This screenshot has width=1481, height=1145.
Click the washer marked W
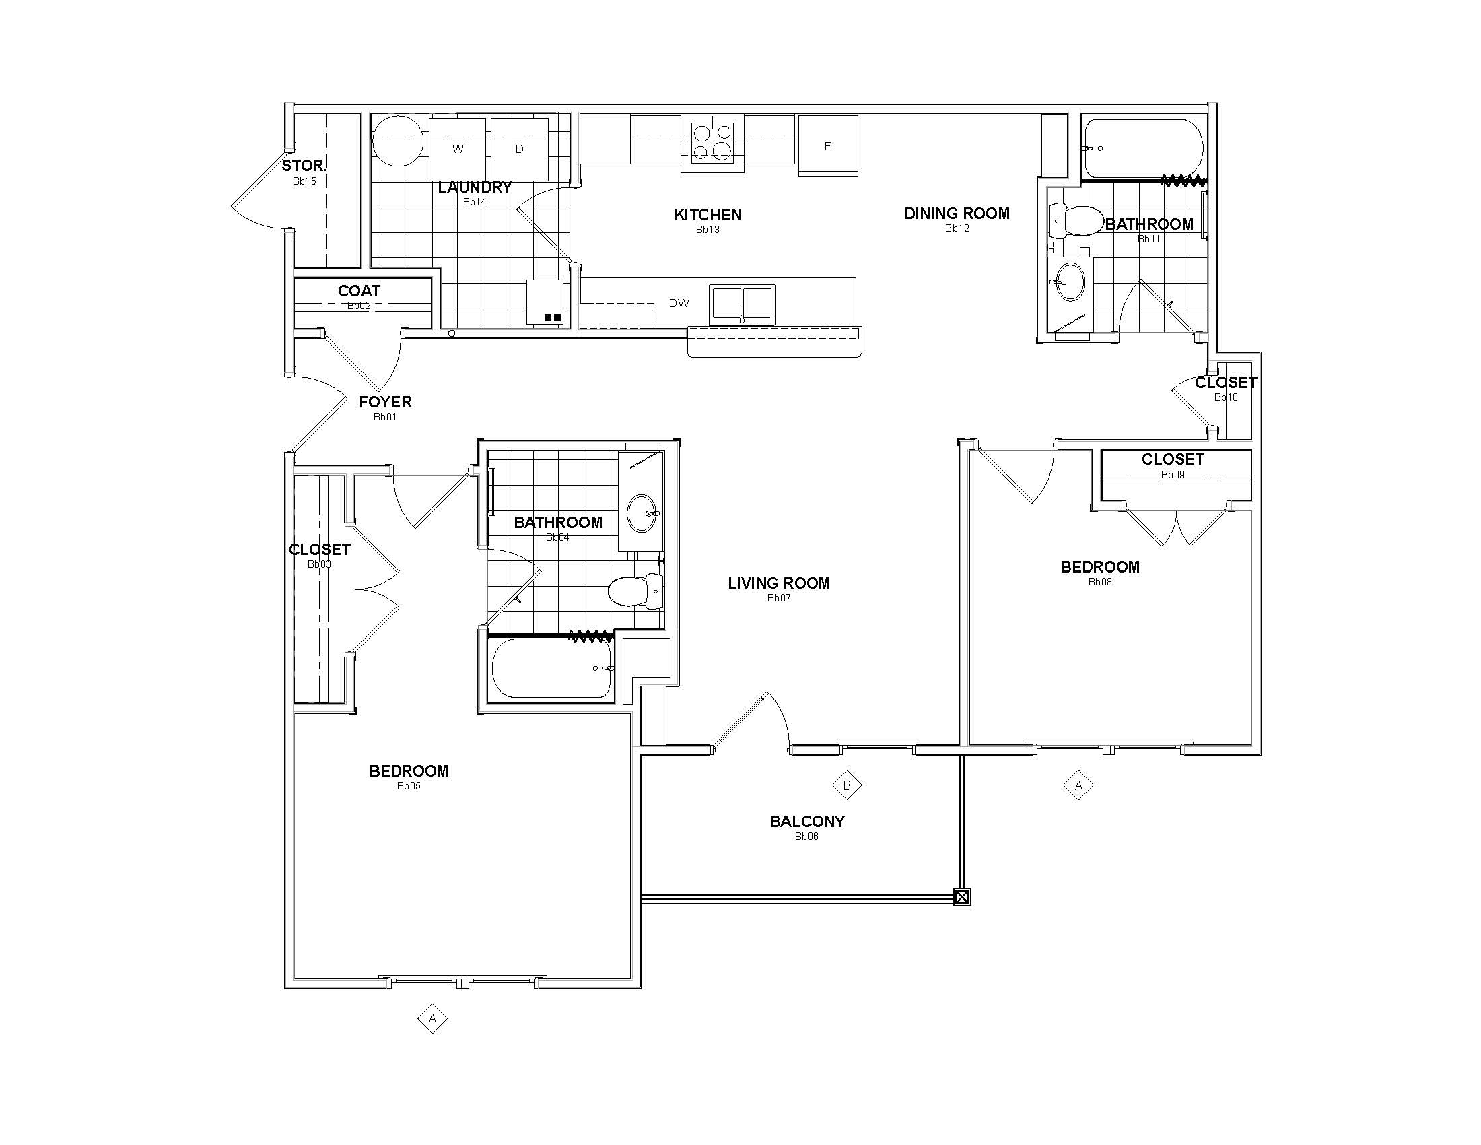pyautogui.click(x=458, y=149)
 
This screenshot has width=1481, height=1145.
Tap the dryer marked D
pyautogui.click(x=520, y=149)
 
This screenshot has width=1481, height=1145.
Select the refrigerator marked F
pyautogui.click(x=828, y=146)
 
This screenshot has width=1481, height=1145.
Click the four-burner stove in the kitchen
pyautogui.click(x=712, y=143)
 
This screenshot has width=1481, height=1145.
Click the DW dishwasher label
pyautogui.click(x=679, y=303)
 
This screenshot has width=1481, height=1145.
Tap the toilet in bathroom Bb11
pyautogui.click(x=1076, y=220)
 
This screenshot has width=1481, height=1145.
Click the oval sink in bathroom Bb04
pyautogui.click(x=642, y=513)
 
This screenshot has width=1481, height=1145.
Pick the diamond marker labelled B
pyautogui.click(x=847, y=785)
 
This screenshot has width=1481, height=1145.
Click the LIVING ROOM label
pyautogui.click(x=778, y=583)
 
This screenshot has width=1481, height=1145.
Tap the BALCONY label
pyautogui.click(x=807, y=822)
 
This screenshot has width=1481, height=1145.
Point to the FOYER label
pyautogui.click(x=385, y=402)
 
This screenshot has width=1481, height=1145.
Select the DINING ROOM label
pyautogui.click(x=957, y=214)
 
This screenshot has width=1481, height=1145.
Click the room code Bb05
pyautogui.click(x=409, y=786)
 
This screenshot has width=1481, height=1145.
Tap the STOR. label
pyautogui.click(x=304, y=166)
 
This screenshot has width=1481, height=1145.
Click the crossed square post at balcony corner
pyautogui.click(x=961, y=897)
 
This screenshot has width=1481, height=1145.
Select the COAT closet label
pyautogui.click(x=359, y=291)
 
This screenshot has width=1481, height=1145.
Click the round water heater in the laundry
pyautogui.click(x=399, y=140)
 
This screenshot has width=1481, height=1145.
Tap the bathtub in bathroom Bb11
pyautogui.click(x=1142, y=149)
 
